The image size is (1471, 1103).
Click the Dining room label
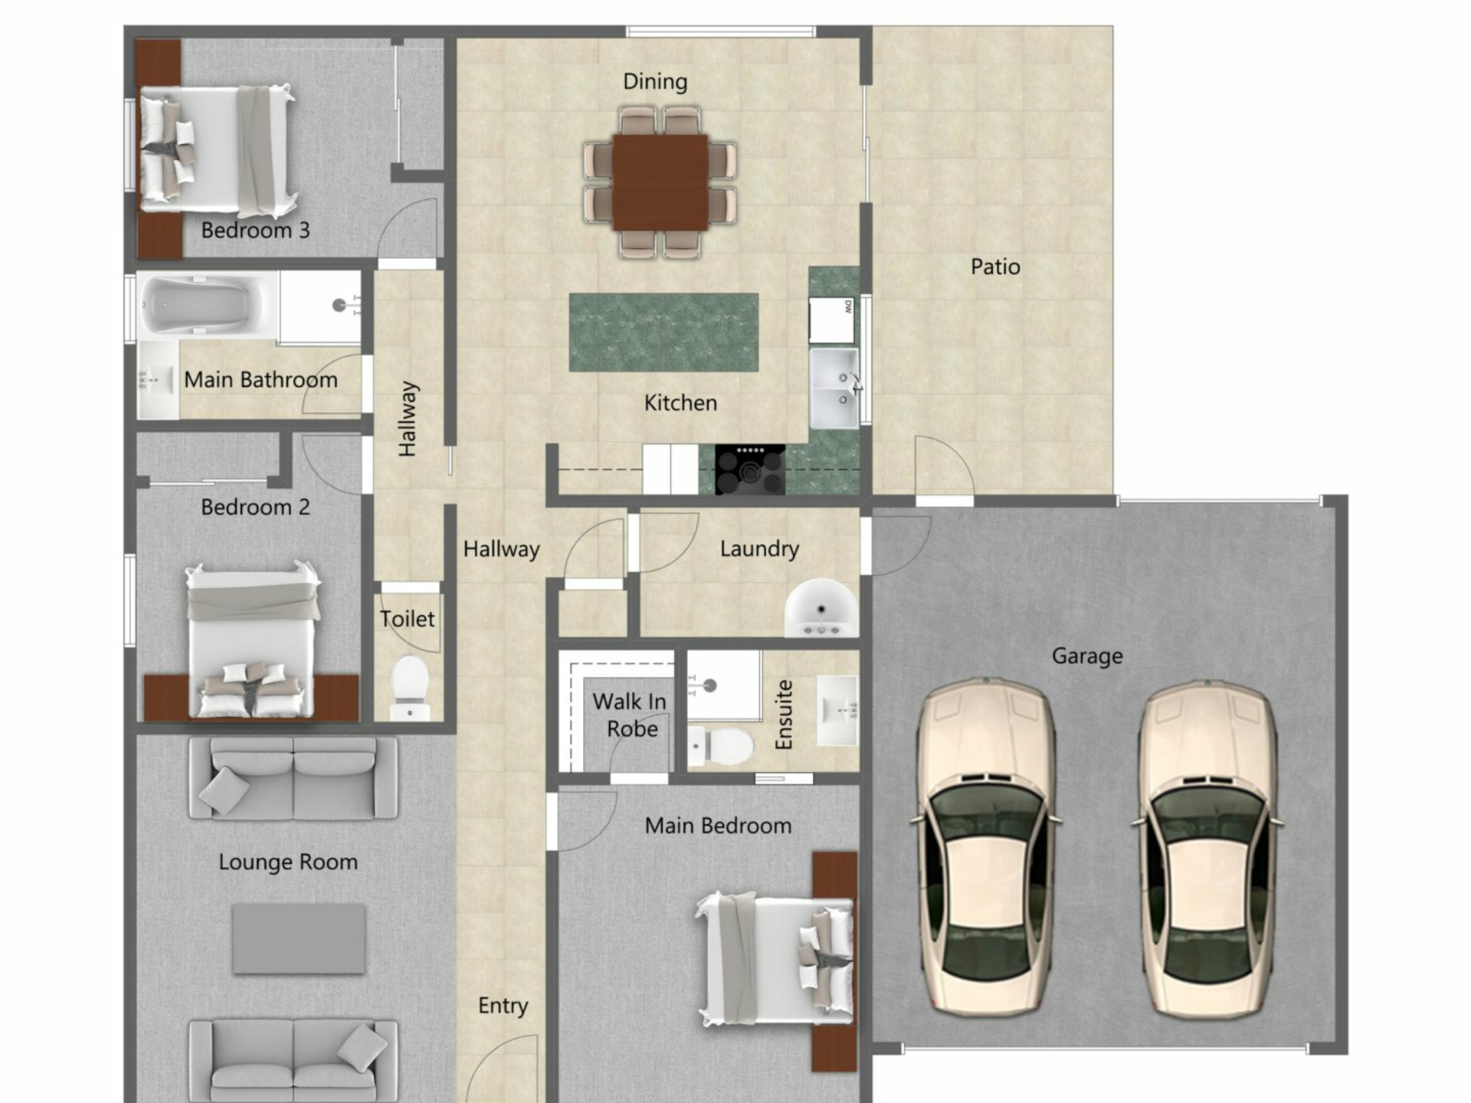(x=655, y=82)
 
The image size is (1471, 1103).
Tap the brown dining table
(x=660, y=182)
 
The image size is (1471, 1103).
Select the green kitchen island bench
(x=663, y=332)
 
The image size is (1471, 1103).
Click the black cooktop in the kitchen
(x=750, y=469)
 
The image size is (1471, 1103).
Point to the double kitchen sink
(x=834, y=388)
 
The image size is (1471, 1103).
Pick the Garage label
(x=1087, y=656)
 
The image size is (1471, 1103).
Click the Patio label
(x=995, y=267)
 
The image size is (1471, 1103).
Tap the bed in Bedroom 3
(x=218, y=149)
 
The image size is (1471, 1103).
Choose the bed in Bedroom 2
(x=252, y=640)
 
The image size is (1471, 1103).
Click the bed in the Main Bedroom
(x=775, y=957)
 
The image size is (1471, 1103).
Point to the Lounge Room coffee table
(x=299, y=939)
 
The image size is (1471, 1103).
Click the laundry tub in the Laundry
(x=821, y=609)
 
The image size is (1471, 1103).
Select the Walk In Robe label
(x=630, y=715)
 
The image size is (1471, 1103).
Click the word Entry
(x=503, y=1006)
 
